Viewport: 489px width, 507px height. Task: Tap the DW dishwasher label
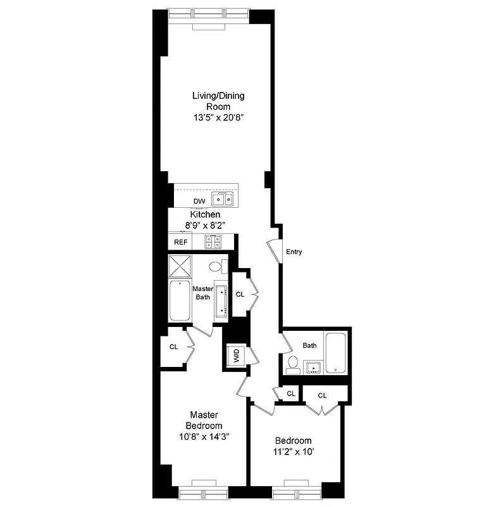[x=199, y=202]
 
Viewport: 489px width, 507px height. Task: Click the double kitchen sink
[x=223, y=200]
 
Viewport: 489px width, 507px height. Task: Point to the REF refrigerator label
[x=181, y=242]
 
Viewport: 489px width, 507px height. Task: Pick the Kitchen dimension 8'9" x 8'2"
[x=206, y=225]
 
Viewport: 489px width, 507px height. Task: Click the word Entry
[x=294, y=252]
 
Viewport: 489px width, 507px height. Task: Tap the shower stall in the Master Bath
[x=180, y=266]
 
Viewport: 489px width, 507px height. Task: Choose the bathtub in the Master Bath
[x=180, y=300]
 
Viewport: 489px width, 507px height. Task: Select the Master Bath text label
[x=202, y=293]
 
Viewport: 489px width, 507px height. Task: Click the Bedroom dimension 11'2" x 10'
[x=293, y=452]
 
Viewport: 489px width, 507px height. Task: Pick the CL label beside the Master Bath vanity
[x=240, y=295]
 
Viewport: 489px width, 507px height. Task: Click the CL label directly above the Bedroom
[x=322, y=395]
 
